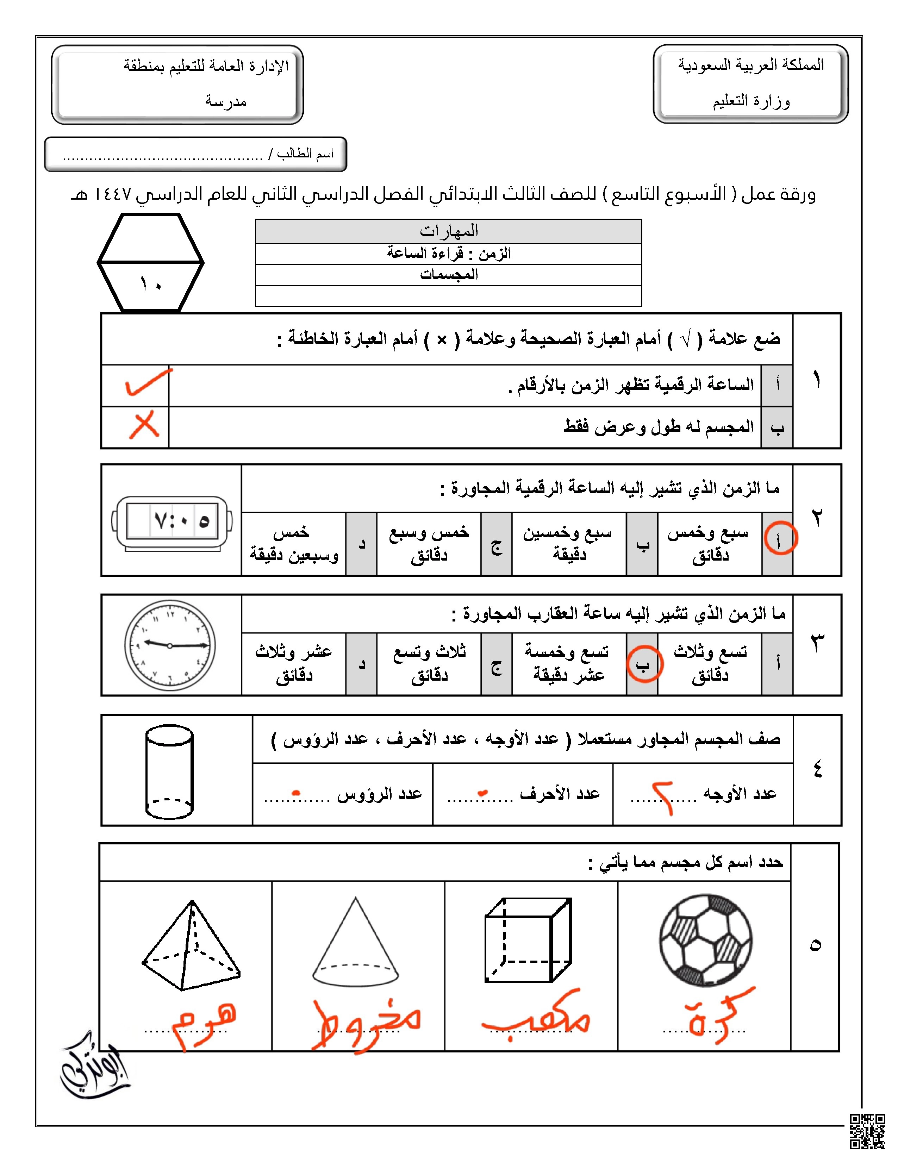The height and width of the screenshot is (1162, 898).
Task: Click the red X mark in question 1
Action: click(144, 425)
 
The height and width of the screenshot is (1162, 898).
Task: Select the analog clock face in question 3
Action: click(170, 645)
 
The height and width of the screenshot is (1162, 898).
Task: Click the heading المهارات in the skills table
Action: click(448, 231)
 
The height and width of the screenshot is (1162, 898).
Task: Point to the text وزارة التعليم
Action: click(751, 101)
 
